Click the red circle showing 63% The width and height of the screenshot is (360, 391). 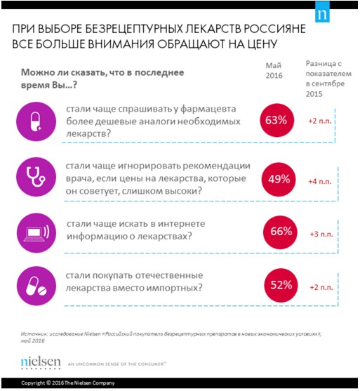(275, 121)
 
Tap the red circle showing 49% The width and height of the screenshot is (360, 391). (275, 180)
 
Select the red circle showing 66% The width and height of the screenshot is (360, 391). (275, 232)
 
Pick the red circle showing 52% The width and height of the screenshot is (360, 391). (275, 286)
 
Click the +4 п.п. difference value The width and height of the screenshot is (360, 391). (319, 181)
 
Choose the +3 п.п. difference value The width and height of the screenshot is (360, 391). (319, 233)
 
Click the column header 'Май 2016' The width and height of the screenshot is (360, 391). (274, 70)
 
